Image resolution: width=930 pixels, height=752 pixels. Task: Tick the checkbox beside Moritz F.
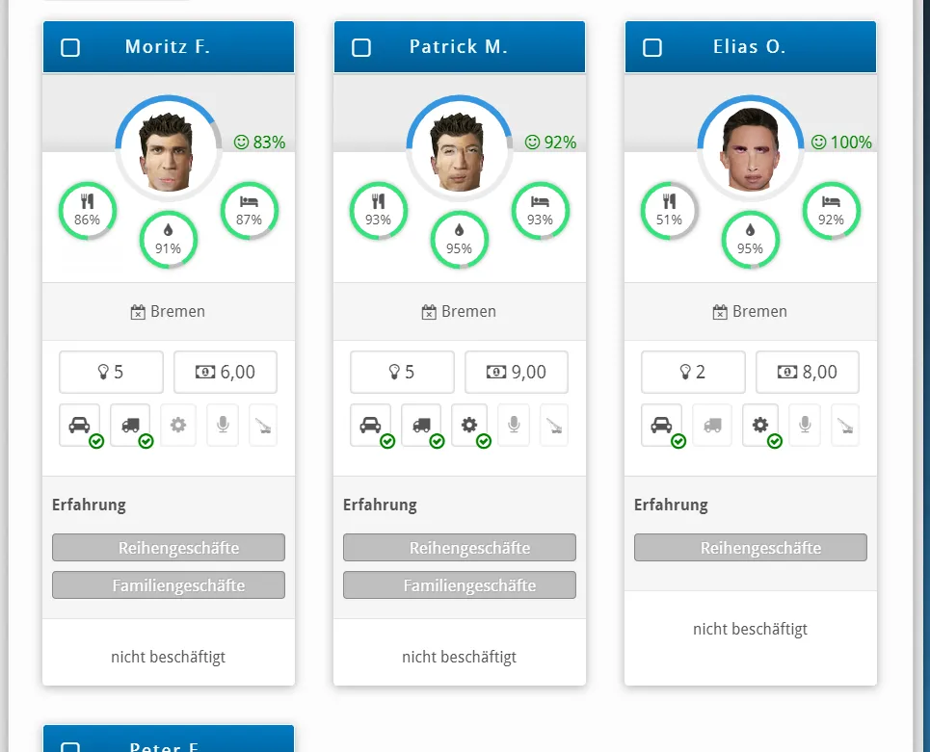click(x=70, y=47)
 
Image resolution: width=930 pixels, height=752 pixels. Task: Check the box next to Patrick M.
click(x=361, y=47)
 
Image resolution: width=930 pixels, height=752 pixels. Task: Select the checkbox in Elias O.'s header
click(x=652, y=47)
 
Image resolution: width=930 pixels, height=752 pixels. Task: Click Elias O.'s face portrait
click(x=751, y=149)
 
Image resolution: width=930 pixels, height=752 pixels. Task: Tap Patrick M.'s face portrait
click(x=459, y=152)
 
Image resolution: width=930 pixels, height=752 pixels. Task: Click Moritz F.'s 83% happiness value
click(x=260, y=143)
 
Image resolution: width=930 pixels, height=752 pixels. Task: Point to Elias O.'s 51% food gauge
click(x=669, y=210)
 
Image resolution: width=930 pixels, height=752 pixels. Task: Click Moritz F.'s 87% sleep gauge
click(x=249, y=210)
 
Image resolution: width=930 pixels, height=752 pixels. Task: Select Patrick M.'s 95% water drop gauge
click(x=459, y=240)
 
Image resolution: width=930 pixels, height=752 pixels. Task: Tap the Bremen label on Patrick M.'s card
click(x=459, y=312)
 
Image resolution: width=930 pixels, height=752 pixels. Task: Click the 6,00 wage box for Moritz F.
click(x=226, y=372)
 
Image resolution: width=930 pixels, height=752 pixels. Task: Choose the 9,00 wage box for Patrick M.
click(x=517, y=372)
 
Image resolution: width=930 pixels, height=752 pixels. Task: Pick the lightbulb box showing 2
click(x=693, y=372)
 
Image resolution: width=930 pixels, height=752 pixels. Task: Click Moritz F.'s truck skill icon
click(x=130, y=425)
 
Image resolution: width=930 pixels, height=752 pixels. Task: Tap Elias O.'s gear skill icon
click(x=760, y=425)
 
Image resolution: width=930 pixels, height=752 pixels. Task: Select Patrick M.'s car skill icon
click(x=370, y=425)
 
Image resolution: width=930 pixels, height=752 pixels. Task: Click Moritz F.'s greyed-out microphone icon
click(x=223, y=425)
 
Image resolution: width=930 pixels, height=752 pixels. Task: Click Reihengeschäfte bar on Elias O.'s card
click(x=751, y=548)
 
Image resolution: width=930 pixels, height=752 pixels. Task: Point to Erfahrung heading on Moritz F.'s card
click(x=89, y=505)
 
